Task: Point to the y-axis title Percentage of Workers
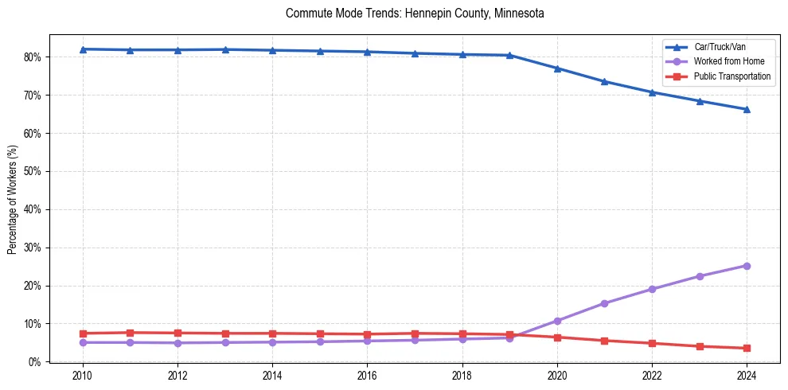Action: click(12, 199)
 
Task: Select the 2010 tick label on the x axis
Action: click(82, 376)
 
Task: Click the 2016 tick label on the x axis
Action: click(367, 376)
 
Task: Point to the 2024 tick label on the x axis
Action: click(747, 376)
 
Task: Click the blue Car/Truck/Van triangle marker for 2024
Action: click(747, 109)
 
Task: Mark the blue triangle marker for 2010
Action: click(82, 49)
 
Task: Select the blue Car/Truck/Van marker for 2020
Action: click(557, 68)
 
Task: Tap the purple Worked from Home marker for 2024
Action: click(747, 266)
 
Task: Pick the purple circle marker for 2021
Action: click(604, 303)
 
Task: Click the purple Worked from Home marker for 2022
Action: click(652, 289)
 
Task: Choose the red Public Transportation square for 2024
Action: click(747, 348)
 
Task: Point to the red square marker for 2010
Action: click(82, 333)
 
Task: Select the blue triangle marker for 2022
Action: click(652, 92)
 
